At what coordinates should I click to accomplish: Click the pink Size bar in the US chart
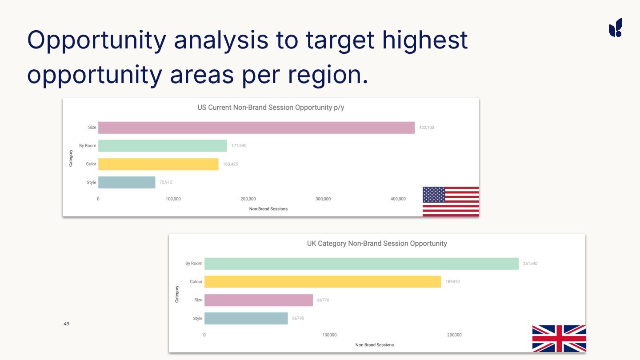tap(256, 128)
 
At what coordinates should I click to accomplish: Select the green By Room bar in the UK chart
tap(361, 264)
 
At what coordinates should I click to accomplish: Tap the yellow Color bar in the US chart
tap(158, 164)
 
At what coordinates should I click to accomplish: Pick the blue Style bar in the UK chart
tap(246, 318)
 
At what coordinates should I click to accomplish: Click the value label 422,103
tap(427, 128)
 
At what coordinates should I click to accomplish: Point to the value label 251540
tap(530, 264)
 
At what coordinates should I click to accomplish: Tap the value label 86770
tap(323, 300)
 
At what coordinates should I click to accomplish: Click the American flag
tap(451, 201)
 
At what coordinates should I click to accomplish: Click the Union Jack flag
tap(559, 338)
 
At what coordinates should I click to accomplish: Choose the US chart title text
tap(271, 108)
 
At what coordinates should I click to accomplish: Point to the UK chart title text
tap(377, 244)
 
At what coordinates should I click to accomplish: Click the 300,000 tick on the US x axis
tap(323, 199)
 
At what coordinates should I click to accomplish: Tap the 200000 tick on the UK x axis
tap(454, 335)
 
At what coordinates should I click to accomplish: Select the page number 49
tap(66, 324)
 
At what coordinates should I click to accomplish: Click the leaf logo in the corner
tap(616, 28)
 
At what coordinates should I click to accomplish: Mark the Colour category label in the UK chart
tap(196, 282)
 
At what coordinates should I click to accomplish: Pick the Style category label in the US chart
tap(92, 183)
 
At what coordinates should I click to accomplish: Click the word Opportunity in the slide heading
tap(96, 40)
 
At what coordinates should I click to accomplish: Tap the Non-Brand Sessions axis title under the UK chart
tap(375, 345)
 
